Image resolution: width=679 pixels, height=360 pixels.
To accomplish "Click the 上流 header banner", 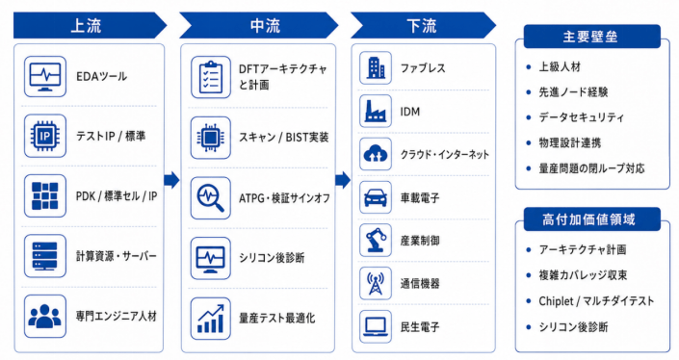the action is [x=90, y=26].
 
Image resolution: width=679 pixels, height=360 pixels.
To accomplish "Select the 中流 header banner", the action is [x=259, y=26].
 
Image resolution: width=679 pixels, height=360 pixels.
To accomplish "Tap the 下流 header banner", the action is [x=423, y=26].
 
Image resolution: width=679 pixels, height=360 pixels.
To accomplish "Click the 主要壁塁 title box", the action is [x=591, y=37].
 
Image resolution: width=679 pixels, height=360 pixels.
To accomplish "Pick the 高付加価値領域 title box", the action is [x=591, y=219].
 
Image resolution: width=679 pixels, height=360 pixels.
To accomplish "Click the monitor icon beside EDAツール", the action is [x=45, y=77].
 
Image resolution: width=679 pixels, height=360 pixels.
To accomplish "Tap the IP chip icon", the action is [x=45, y=137].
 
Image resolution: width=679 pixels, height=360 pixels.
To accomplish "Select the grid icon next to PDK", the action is [x=45, y=196].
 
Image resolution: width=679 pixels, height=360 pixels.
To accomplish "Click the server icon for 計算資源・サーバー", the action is [x=45, y=256].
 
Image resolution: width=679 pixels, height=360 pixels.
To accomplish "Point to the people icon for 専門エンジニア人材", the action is [x=45, y=317].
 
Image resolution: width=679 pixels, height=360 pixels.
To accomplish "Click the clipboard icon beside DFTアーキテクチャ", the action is [x=211, y=77].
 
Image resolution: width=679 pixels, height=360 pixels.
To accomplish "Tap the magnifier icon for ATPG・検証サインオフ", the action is [x=211, y=197].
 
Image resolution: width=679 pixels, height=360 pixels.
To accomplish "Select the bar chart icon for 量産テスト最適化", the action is [x=211, y=319].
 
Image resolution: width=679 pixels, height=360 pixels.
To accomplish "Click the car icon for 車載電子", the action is [x=376, y=197].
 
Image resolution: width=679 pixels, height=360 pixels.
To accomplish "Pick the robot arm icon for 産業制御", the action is [x=376, y=241].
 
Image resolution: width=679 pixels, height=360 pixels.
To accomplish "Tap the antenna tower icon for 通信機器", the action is [x=376, y=283].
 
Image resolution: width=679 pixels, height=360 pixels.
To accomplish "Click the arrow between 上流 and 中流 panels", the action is [x=171, y=180].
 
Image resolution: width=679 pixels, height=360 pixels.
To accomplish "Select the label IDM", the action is [x=409, y=112].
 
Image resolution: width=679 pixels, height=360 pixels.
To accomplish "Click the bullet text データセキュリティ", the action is [x=582, y=117].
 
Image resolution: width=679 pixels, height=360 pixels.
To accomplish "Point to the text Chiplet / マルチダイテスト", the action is [x=596, y=301].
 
